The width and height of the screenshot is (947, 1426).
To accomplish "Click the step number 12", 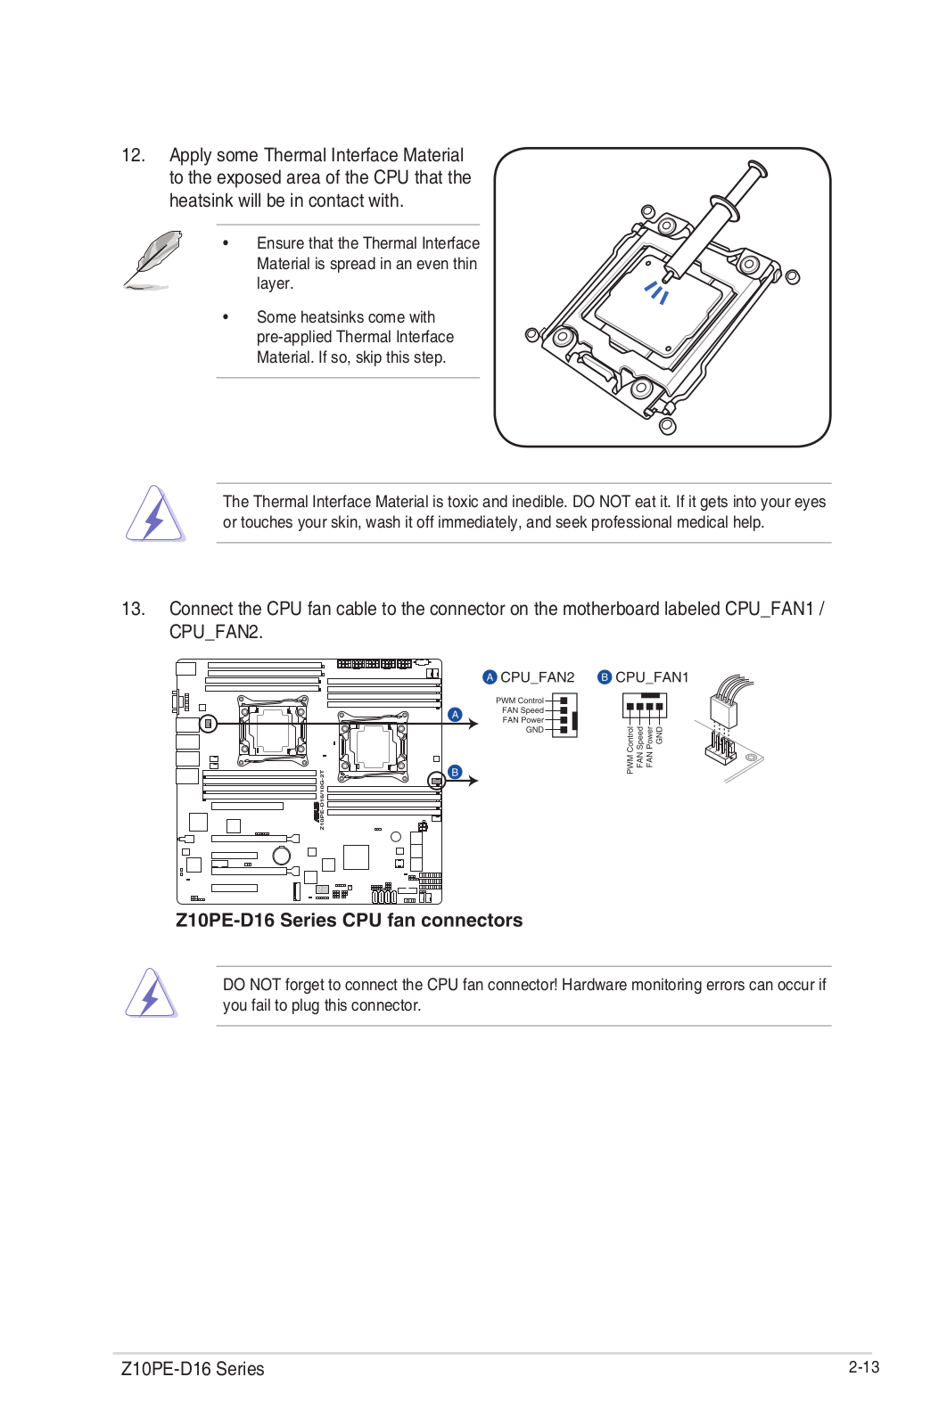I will click(x=133, y=155).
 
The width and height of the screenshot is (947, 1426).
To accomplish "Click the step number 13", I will click(x=133, y=609).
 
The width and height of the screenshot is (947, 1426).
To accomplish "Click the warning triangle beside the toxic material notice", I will click(x=154, y=514).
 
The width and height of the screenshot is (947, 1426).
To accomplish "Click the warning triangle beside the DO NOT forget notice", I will click(x=152, y=994).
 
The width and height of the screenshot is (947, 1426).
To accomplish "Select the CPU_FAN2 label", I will click(x=537, y=677).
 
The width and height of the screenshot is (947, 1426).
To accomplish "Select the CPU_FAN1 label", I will click(x=652, y=677).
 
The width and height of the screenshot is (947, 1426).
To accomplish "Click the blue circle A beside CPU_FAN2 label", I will click(x=490, y=677).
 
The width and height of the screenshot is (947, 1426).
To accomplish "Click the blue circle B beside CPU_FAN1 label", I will click(x=605, y=677).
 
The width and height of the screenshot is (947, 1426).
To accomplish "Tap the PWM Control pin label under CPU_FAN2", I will click(x=520, y=701).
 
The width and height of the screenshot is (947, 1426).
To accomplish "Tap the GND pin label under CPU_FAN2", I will click(x=534, y=730).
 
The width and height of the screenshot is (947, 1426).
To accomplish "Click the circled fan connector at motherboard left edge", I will click(x=208, y=724).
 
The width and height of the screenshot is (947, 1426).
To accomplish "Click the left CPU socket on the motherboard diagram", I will click(x=272, y=731).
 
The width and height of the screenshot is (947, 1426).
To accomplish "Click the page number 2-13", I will click(x=863, y=1367).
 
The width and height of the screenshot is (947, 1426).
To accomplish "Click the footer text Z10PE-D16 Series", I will click(x=193, y=1369).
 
